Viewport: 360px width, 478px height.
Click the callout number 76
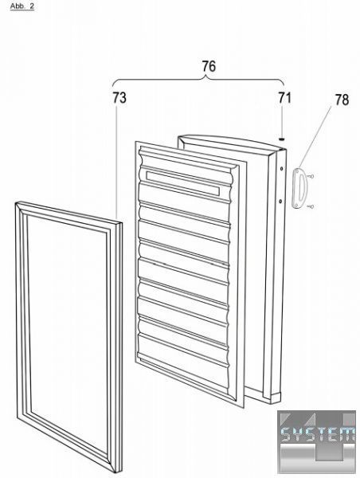pos(209,66)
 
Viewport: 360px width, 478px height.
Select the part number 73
pos(119,98)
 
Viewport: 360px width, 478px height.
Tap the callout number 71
pos(284,98)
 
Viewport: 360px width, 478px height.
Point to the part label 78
pos(342,100)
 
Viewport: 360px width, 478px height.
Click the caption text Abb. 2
pos(22,6)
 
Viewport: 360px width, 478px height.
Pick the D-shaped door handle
pos(298,190)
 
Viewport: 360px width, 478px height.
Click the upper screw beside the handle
pos(311,176)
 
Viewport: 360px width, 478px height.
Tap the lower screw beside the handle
pos(311,206)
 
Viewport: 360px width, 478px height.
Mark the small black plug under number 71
pos(282,139)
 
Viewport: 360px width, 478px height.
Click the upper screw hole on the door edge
pos(281,169)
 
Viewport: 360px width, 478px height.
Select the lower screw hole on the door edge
pos(280,201)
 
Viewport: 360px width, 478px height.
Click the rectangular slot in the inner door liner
pos(183,183)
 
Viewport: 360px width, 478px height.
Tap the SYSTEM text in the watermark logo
pos(317,433)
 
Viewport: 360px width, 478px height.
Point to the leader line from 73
pos(115,163)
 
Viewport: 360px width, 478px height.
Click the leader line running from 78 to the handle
pos(315,137)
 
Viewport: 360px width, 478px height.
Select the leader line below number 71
pos(282,121)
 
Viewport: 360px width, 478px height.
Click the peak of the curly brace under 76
pos(208,78)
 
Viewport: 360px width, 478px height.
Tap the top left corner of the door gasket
pos(16,202)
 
